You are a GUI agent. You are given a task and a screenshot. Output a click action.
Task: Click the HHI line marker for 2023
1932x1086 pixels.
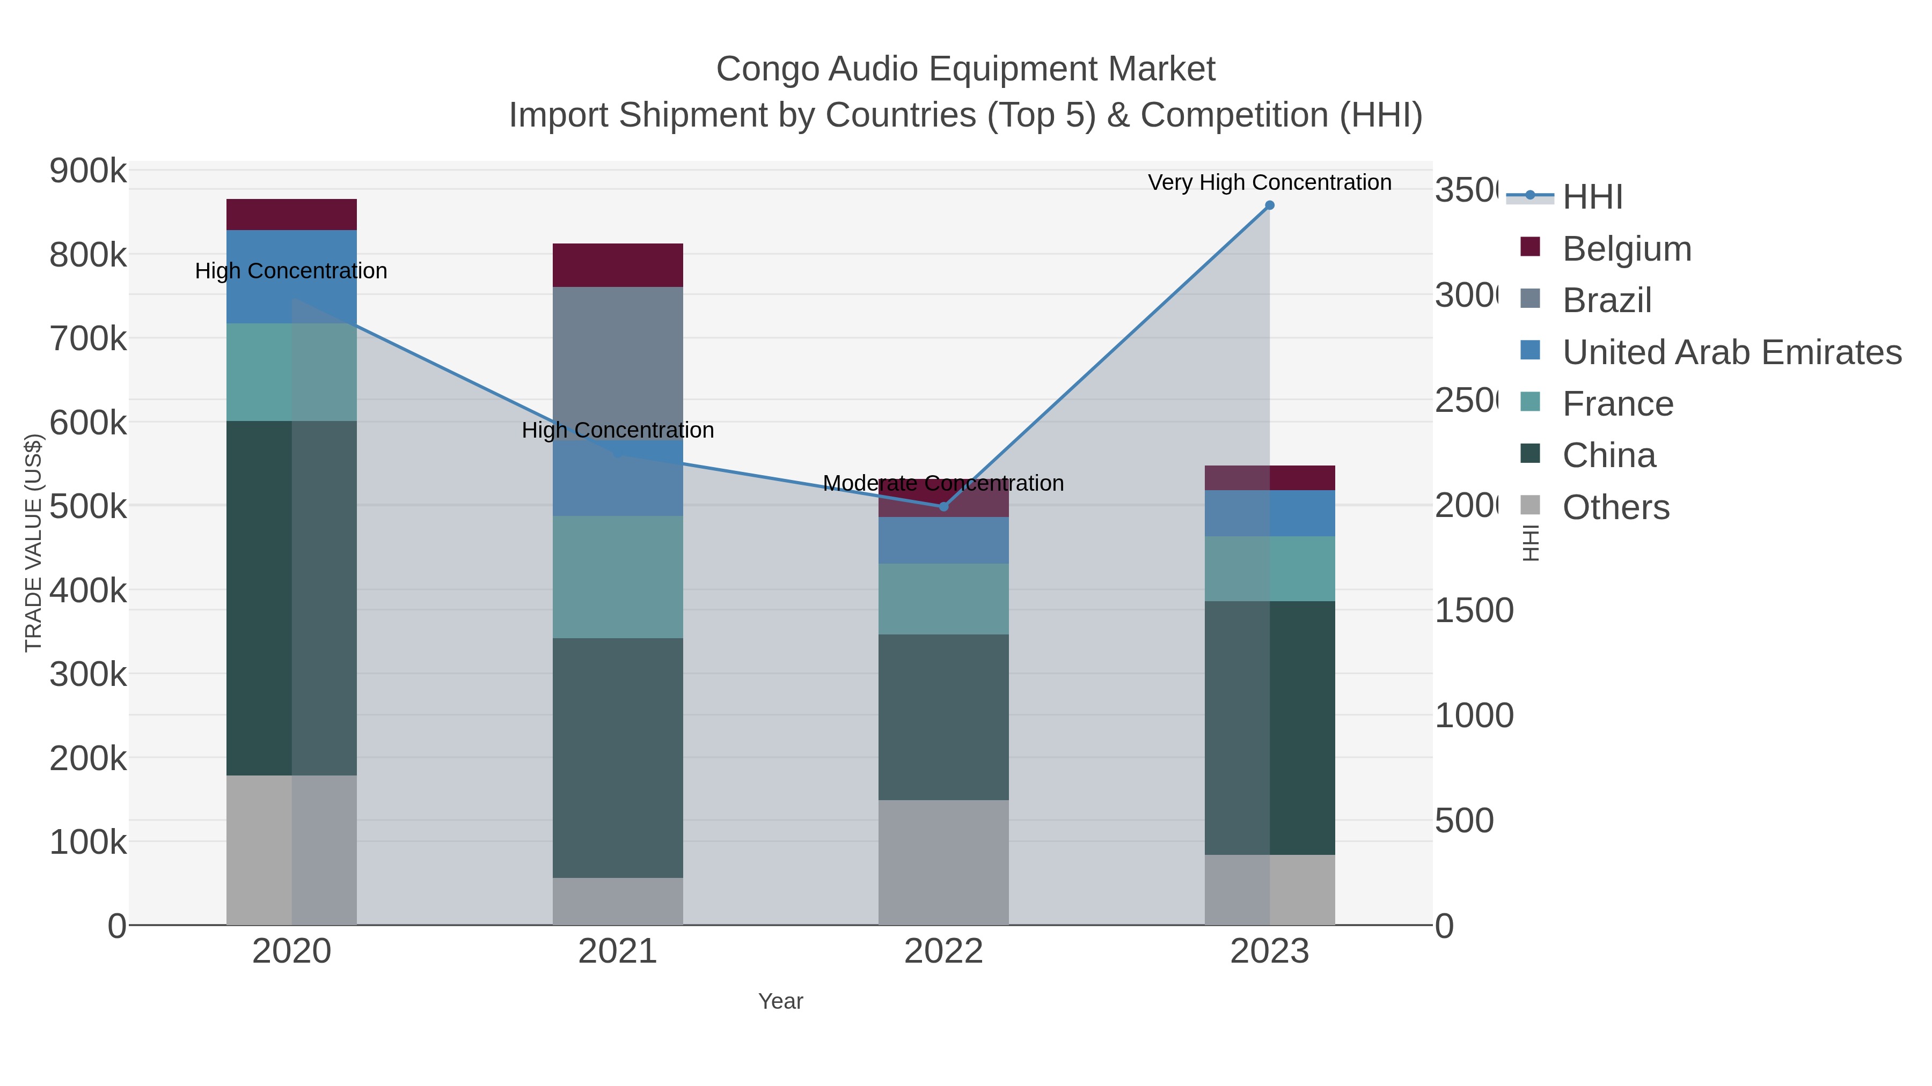tap(1269, 205)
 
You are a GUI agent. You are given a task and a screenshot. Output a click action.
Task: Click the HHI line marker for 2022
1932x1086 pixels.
tap(943, 507)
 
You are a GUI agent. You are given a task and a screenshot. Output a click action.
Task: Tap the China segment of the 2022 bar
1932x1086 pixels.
tap(943, 716)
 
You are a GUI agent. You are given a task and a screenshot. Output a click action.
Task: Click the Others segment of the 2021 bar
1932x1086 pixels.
tap(617, 901)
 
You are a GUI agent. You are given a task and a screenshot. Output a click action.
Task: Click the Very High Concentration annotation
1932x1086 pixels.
tap(1269, 182)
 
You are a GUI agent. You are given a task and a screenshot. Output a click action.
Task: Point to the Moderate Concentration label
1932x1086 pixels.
tap(943, 483)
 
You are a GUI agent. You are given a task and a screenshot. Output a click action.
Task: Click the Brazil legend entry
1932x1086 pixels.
tap(1606, 300)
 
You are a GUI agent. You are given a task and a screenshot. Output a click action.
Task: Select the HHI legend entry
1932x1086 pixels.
tap(1592, 197)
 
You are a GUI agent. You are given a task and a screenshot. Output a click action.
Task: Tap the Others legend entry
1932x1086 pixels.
tap(1615, 507)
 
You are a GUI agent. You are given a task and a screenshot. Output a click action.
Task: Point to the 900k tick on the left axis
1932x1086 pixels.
tap(88, 172)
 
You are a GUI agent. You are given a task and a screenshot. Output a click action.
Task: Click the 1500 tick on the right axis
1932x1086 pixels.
tap(1474, 611)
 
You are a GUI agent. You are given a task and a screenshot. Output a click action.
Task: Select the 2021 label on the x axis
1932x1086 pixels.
tap(617, 952)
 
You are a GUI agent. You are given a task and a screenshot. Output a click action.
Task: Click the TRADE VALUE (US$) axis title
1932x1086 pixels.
tap(34, 543)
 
